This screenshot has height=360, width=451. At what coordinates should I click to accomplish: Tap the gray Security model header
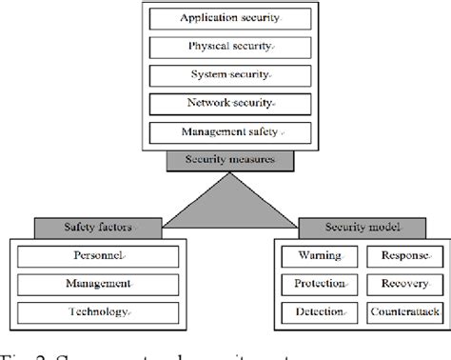coord(348,228)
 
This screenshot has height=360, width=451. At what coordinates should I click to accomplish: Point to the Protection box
coord(310,284)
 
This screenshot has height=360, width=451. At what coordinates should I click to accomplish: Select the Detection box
coord(310,311)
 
